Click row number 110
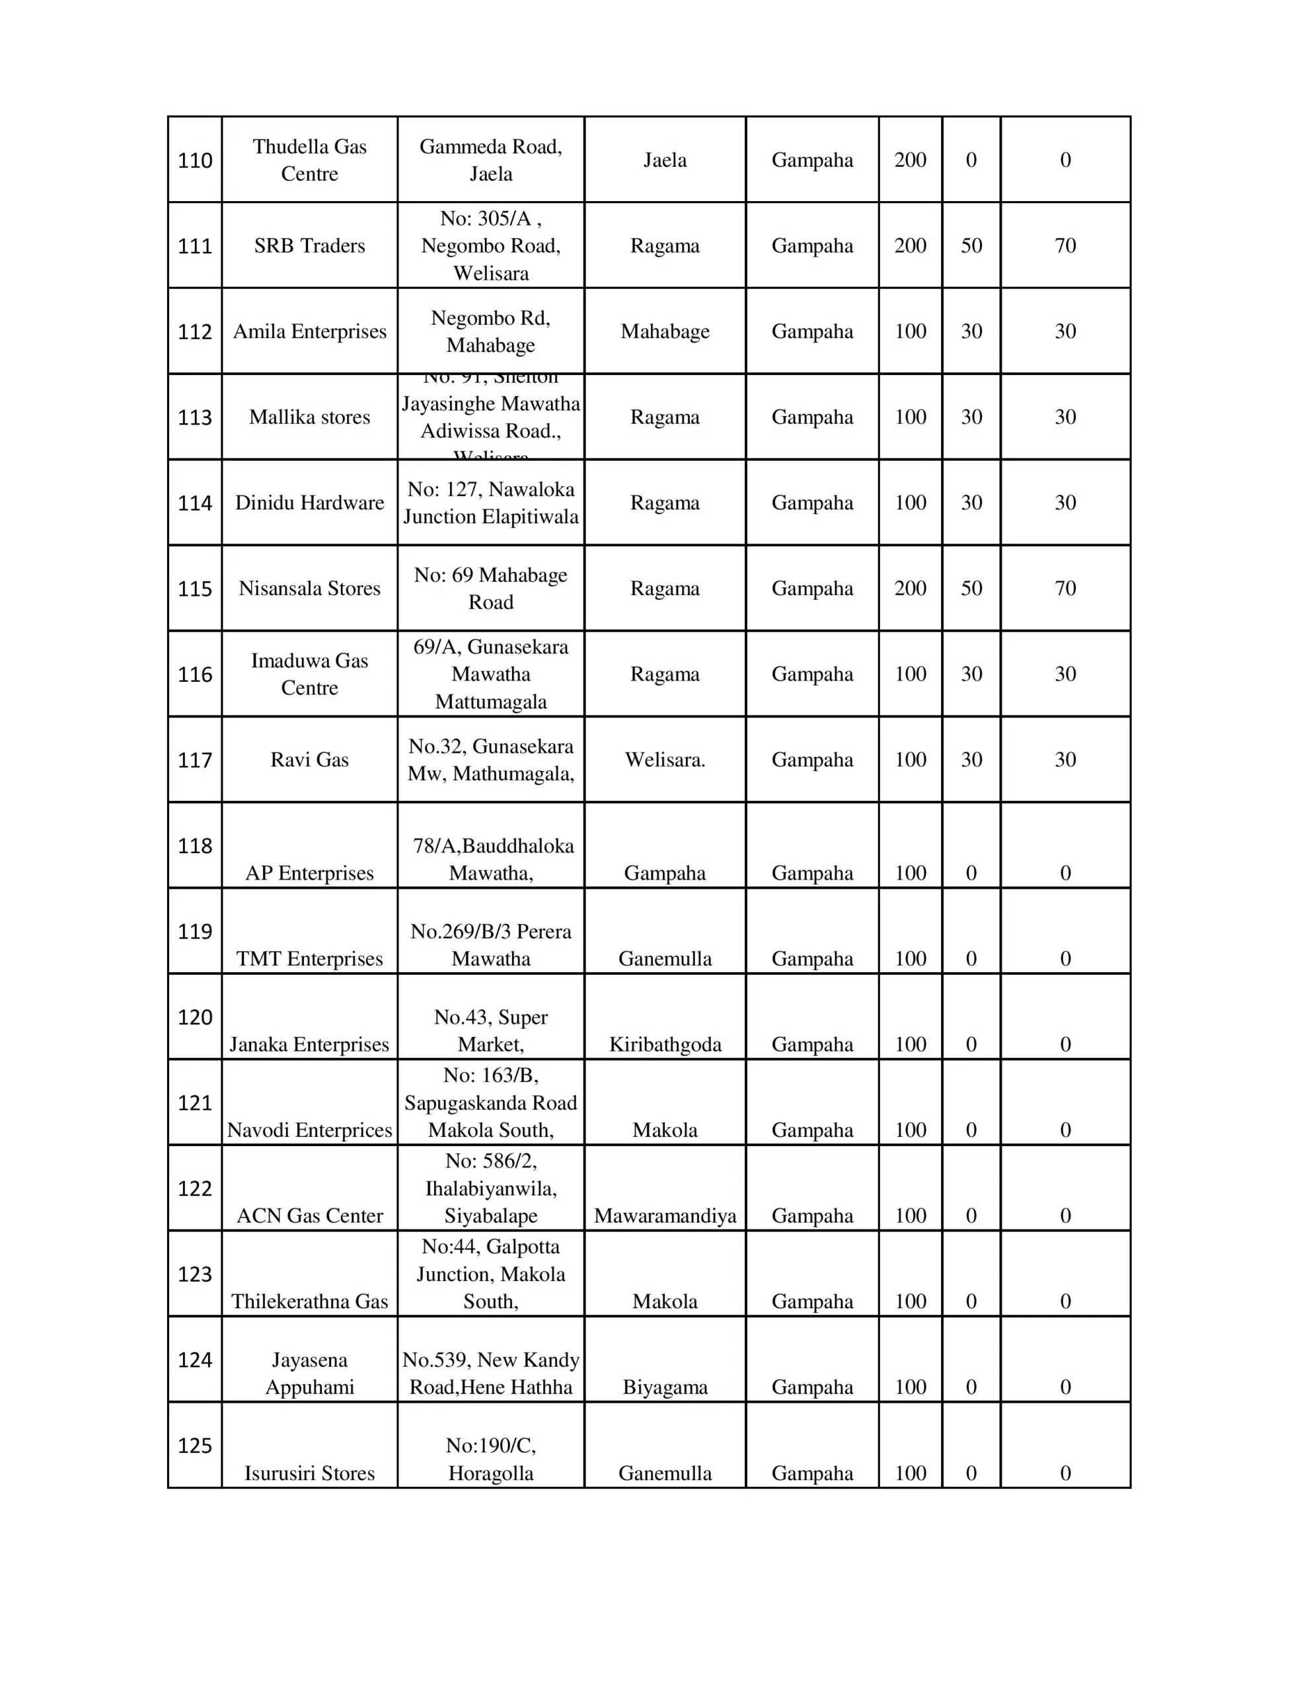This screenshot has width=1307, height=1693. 194,161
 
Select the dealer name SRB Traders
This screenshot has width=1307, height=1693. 309,246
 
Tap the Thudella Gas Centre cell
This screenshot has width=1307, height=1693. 309,161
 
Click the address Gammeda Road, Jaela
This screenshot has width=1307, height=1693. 490,161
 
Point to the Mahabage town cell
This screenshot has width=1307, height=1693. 665,332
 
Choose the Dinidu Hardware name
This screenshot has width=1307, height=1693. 309,503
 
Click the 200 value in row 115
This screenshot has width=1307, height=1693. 910,589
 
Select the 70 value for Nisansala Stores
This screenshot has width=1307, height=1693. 1064,589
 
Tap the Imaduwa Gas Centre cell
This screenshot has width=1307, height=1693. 309,675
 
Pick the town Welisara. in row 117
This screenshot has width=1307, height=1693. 665,760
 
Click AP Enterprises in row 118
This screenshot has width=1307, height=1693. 309,873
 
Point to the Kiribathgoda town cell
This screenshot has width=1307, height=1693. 665,1044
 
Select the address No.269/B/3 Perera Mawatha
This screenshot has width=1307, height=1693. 490,945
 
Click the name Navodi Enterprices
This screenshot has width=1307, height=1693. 309,1130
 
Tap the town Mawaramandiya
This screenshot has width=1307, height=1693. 665,1216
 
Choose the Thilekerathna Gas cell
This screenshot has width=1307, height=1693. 309,1301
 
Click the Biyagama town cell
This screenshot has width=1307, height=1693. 665,1387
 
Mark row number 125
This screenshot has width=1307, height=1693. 194,1446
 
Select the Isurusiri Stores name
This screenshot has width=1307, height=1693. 309,1473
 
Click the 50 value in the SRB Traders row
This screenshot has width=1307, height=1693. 971,246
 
